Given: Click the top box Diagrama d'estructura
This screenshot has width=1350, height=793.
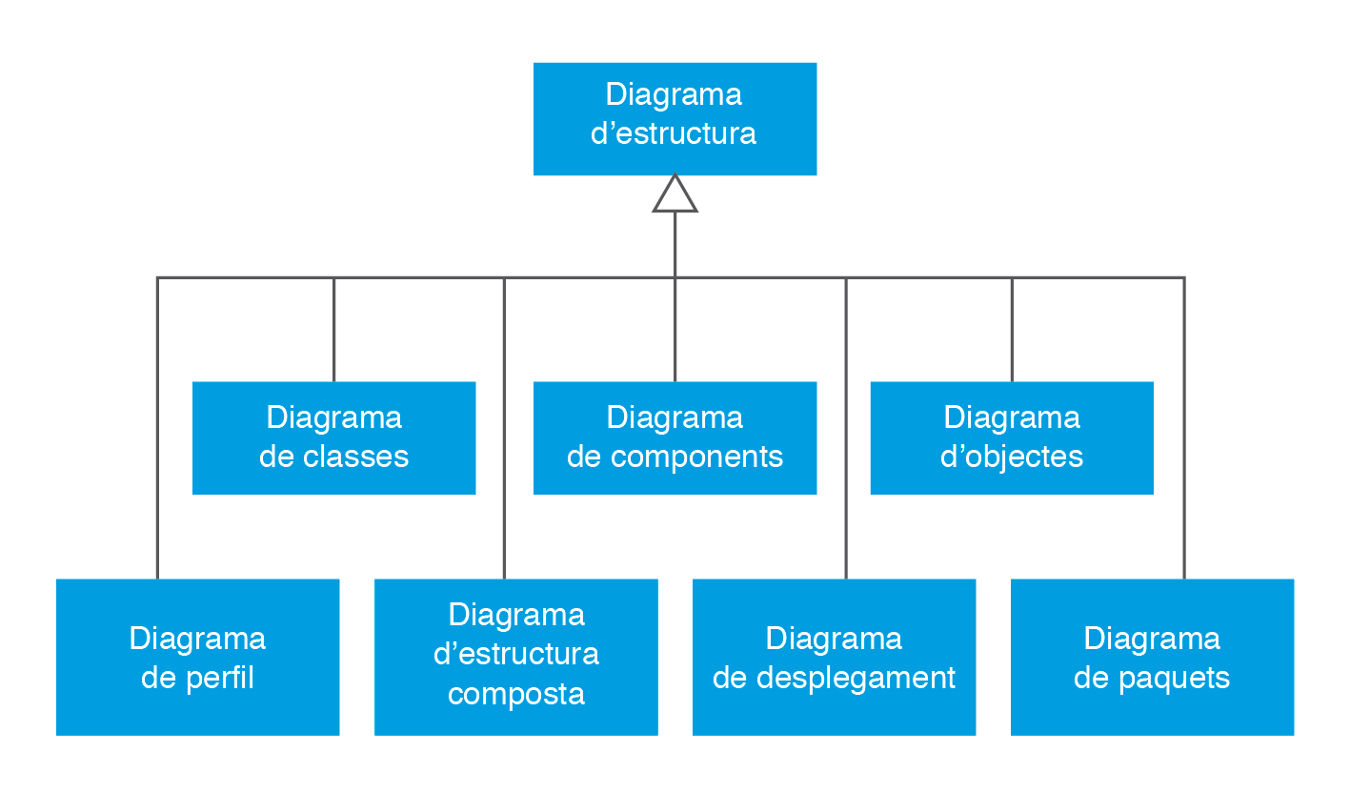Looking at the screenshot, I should pos(675,118).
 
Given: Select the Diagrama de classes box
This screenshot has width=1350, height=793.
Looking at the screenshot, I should pos(333,437).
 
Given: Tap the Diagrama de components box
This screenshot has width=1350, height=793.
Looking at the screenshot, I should pos(675,437).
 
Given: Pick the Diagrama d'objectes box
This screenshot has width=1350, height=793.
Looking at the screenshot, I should pos(1012,437).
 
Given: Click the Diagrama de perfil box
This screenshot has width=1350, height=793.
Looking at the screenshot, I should pos(197,657).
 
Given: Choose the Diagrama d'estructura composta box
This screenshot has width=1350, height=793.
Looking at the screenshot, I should pos(515,657).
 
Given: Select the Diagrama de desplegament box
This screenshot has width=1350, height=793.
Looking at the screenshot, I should pos(834,657).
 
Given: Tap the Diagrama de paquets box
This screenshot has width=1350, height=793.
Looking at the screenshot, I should pos(1152,657).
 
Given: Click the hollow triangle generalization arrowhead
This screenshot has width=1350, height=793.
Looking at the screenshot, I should pos(675,194).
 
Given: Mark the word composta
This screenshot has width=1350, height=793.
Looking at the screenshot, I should pos(515,693).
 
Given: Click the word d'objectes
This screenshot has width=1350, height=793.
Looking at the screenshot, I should pos(1012,457).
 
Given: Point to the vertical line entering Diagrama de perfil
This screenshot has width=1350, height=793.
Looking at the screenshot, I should pos(157,429).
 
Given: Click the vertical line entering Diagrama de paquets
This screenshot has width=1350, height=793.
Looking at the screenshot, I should pos(1184,429).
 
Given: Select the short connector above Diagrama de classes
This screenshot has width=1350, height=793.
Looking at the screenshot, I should pos(333,329).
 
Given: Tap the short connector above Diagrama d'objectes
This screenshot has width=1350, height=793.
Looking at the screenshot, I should pos(1012,329).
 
